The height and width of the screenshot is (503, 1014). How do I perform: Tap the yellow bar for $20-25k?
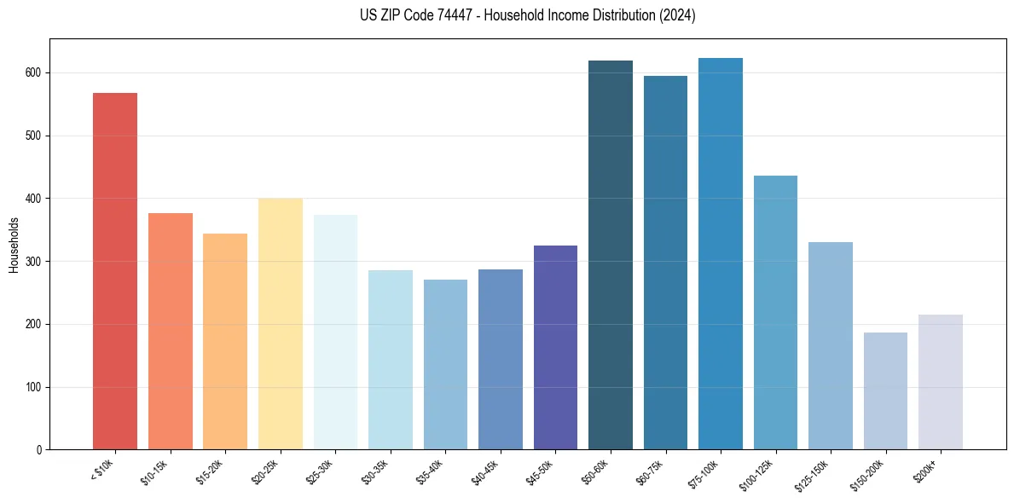281,324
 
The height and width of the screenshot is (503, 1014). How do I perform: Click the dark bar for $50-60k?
611,255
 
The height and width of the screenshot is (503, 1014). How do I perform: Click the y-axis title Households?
14,244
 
